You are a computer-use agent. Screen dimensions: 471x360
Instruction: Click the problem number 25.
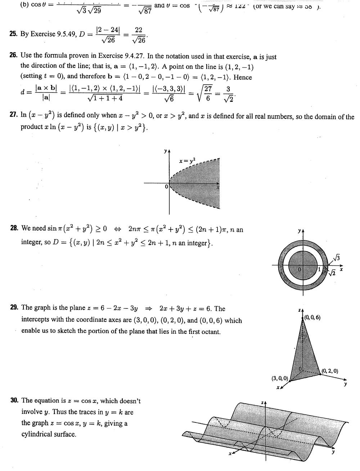pyautogui.click(x=13, y=34)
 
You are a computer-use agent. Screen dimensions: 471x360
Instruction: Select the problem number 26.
pyautogui.click(x=13, y=56)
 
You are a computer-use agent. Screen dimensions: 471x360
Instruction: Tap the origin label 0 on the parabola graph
pyautogui.click(x=166, y=187)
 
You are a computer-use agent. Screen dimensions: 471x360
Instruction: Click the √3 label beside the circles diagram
pyautogui.click(x=337, y=257)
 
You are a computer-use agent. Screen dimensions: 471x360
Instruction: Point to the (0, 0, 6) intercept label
pyautogui.click(x=312, y=317)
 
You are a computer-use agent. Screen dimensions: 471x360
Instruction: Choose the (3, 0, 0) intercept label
pyautogui.click(x=279, y=378)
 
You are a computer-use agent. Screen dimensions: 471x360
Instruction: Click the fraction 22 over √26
pyautogui.click(x=139, y=35)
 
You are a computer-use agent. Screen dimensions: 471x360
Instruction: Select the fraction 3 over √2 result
pyautogui.click(x=228, y=94)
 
